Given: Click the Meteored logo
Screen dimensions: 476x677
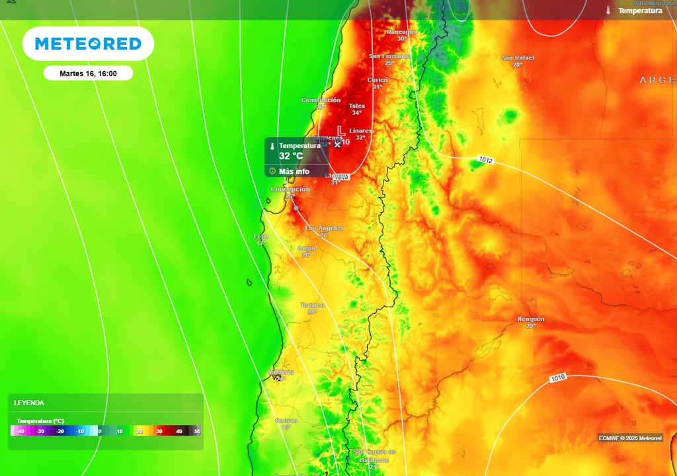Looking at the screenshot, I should coord(88,44).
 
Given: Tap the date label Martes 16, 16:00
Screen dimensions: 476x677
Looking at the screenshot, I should coord(88,73).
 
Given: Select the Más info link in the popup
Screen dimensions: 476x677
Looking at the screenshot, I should coord(294,171).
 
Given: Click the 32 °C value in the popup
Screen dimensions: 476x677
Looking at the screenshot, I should coord(291,156).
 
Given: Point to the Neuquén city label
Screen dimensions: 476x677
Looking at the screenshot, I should coord(531,319).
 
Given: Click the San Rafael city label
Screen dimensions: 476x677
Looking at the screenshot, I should coord(518,58).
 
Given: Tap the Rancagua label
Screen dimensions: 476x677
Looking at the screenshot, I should coord(401,32).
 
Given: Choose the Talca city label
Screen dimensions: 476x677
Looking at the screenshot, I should coord(357,106).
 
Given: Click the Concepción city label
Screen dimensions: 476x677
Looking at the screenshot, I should coord(290,190).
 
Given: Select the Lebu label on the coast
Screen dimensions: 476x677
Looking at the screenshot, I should coord(261,237).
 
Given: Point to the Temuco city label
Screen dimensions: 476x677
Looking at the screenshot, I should coord(312,305).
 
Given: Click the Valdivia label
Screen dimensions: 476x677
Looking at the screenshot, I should coord(280,372).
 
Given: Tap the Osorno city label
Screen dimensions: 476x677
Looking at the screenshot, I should coord(286,420).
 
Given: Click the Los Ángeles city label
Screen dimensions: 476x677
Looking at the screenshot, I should coord(324,228).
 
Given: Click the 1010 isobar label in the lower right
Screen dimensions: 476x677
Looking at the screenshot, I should coord(558,377).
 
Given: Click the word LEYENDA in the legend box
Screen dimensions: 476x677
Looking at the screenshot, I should coord(29,403).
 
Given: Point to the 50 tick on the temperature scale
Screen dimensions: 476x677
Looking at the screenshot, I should coord(197,432).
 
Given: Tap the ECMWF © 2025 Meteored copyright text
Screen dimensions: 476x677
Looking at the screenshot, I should coord(630,438).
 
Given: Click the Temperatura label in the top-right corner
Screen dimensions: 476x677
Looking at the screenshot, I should coord(639,11).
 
